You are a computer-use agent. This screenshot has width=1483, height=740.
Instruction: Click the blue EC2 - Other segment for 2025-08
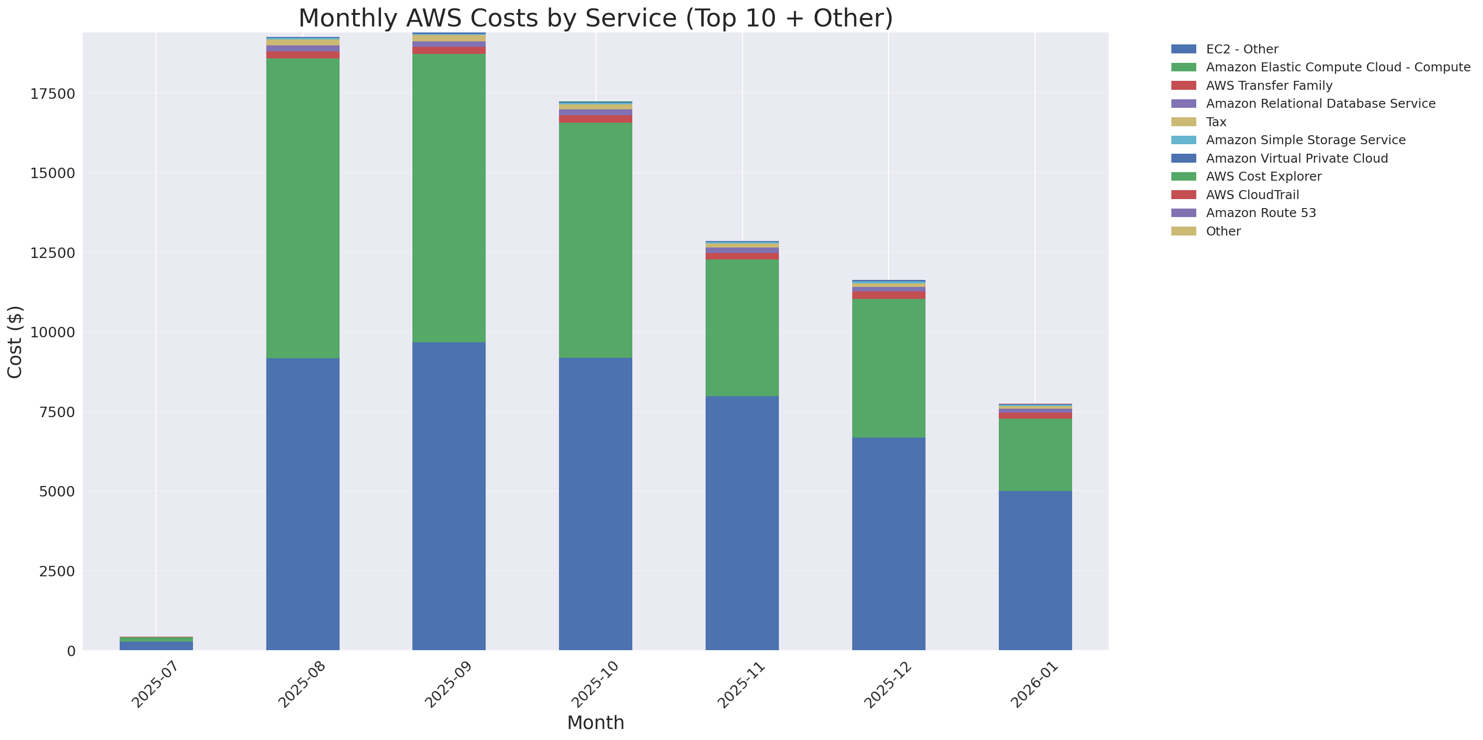(x=302, y=504)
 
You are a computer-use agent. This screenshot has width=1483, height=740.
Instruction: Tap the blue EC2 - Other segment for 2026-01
(x=1035, y=570)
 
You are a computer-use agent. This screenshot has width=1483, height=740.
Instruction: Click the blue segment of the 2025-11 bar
(x=742, y=523)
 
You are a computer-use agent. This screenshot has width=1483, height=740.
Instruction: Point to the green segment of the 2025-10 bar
(x=595, y=240)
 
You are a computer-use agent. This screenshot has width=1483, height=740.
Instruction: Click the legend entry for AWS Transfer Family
(x=1269, y=86)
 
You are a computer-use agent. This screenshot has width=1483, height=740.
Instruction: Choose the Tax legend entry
(x=1216, y=122)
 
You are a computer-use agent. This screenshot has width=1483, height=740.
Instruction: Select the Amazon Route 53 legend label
(x=1261, y=213)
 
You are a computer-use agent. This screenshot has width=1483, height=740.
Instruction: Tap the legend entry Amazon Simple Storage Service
(x=1305, y=140)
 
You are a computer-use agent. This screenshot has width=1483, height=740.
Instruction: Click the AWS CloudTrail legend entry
(x=1252, y=195)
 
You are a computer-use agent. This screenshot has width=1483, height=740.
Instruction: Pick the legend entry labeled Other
(x=1223, y=232)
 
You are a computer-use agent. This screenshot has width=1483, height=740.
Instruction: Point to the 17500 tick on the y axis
(x=52, y=94)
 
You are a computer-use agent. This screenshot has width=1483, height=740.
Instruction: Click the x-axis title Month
(x=595, y=723)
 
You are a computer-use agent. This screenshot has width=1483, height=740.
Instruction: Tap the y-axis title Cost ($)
(x=15, y=342)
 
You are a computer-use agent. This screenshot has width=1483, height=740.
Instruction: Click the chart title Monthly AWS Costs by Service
(x=595, y=18)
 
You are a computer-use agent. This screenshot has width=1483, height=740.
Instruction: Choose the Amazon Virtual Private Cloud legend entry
(x=1297, y=158)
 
